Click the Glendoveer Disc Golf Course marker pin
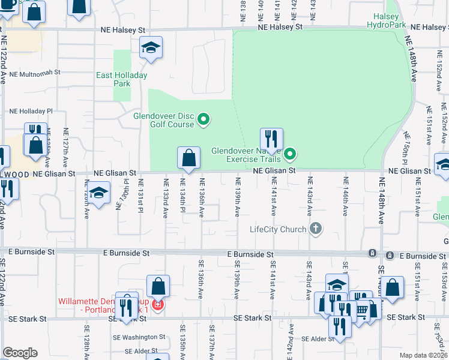click(x=203, y=120)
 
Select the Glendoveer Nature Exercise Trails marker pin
click(x=291, y=155)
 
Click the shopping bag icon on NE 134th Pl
click(x=188, y=158)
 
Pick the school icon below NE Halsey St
click(x=151, y=47)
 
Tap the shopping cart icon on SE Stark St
click(x=361, y=310)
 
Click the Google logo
click(x=20, y=353)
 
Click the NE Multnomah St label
click(x=35, y=72)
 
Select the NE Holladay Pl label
click(x=31, y=111)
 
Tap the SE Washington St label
click(x=144, y=337)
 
